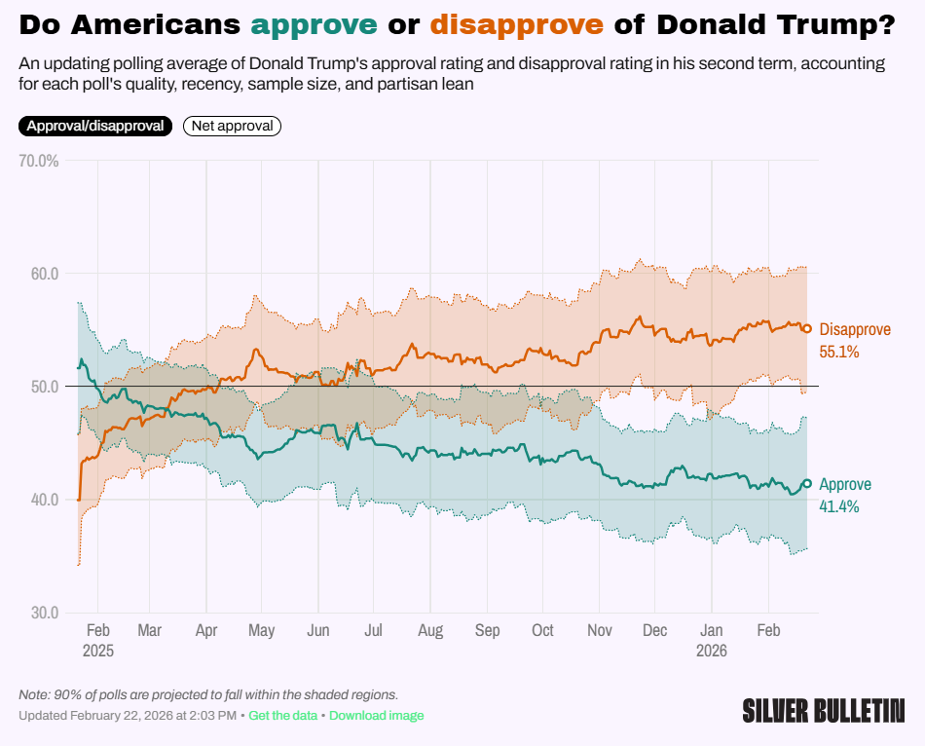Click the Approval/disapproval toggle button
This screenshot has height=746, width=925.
pyautogui.click(x=95, y=126)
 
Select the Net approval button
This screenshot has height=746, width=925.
pyautogui.click(x=232, y=126)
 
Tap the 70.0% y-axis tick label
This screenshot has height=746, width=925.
pyautogui.click(x=39, y=161)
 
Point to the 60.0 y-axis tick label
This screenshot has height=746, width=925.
pyautogui.click(x=40, y=274)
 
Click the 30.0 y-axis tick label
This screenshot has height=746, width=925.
pyautogui.click(x=40, y=613)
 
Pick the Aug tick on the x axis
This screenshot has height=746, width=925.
pyautogui.click(x=430, y=631)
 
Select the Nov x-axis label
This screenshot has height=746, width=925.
pyautogui.click(x=600, y=631)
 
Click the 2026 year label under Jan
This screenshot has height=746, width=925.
pyautogui.click(x=713, y=651)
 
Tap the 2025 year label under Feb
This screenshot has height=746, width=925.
pyautogui.click(x=98, y=651)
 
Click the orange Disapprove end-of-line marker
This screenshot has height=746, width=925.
pyautogui.click(x=806, y=328)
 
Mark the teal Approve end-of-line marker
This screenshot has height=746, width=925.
pyautogui.click(x=806, y=484)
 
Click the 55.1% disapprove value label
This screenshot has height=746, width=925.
pyautogui.click(x=840, y=351)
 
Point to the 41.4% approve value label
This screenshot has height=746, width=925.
pyautogui.click(x=839, y=506)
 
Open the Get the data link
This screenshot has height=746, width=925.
pyautogui.click(x=282, y=716)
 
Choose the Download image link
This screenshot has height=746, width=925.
pyautogui.click(x=376, y=716)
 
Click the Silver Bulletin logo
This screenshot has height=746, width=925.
pyautogui.click(x=823, y=710)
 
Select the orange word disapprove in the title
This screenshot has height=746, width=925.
pyautogui.click(x=516, y=22)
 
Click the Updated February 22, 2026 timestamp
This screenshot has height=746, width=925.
pyautogui.click(x=128, y=716)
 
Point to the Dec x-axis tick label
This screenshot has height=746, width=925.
pyautogui.click(x=655, y=631)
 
